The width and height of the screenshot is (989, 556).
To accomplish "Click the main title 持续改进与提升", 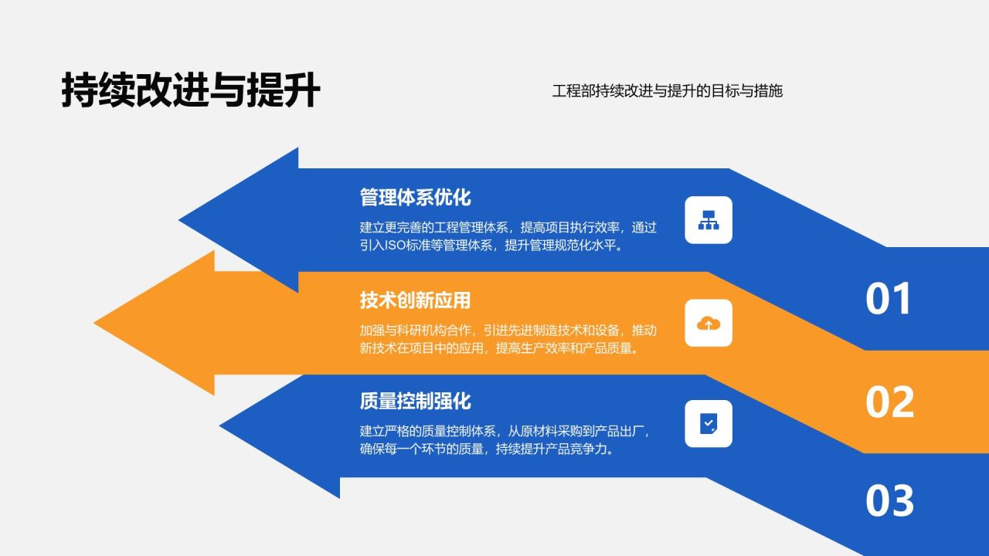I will coord(191,91).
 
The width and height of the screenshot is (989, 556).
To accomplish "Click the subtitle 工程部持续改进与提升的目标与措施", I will coord(668,91).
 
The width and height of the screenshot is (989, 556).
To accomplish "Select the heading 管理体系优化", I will coord(415,198).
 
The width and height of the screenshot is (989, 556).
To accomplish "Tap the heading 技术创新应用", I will coord(415,300).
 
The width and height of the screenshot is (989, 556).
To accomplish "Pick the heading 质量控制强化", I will coord(415,402).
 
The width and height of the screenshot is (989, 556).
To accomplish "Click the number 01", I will coord(889,300).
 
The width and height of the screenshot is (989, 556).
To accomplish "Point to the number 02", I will coord(889,402).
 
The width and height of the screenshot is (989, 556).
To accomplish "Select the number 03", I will coord(889,501).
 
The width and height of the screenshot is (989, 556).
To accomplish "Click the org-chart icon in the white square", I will coord(709,220).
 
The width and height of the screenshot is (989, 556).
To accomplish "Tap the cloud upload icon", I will coord(709,323).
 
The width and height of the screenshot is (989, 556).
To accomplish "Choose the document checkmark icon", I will coord(709,423).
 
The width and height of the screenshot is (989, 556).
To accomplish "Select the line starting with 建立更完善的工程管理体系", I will coord(508,228).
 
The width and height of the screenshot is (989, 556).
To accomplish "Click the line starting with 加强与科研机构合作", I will coord(508,330).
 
